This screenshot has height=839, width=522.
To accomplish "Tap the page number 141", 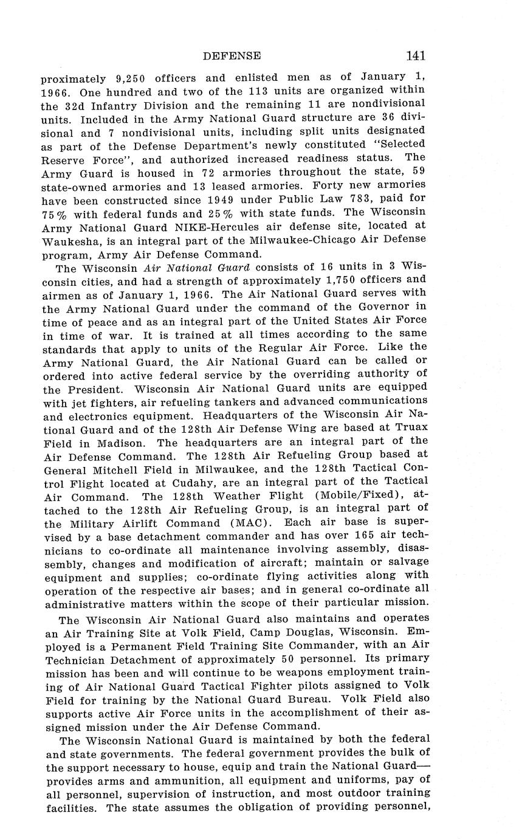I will (x=416, y=56).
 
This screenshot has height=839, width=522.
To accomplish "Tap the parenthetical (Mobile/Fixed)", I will (x=352, y=495).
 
